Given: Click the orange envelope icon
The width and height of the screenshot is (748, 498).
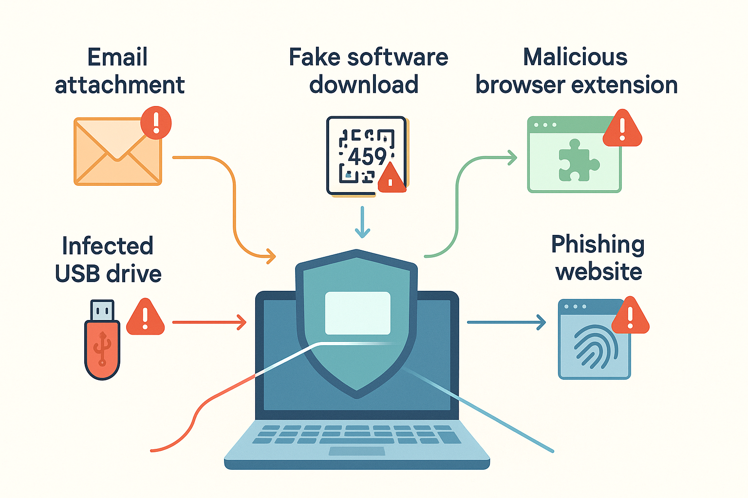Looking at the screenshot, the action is click(x=117, y=151).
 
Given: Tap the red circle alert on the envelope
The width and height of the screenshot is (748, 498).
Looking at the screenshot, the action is click(x=156, y=123).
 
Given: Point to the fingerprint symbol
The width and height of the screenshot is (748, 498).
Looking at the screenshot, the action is click(x=596, y=347).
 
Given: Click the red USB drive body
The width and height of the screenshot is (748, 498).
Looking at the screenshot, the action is click(x=102, y=350).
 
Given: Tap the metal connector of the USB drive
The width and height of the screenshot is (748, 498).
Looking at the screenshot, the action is click(x=102, y=310).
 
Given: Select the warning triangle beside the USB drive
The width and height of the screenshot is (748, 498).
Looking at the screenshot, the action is click(x=145, y=317).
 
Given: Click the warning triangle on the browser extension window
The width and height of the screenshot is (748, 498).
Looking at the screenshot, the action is click(x=622, y=128).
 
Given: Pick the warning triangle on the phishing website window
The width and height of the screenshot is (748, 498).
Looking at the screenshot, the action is click(x=631, y=316).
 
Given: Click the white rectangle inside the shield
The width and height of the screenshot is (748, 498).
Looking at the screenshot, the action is click(x=357, y=313).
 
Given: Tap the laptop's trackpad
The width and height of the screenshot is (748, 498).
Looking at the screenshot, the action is click(x=356, y=451).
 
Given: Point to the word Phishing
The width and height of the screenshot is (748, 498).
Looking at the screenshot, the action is click(x=598, y=245).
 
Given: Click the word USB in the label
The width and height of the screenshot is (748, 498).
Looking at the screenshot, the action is click(x=77, y=273).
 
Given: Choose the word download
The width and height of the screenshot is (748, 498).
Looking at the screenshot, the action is click(x=364, y=85).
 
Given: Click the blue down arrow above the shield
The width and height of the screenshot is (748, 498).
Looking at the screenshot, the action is click(x=362, y=222).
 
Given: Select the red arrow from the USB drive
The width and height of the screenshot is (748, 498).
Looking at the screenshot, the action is click(x=209, y=322).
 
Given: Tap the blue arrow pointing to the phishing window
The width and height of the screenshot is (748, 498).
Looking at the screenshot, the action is click(x=506, y=322).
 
